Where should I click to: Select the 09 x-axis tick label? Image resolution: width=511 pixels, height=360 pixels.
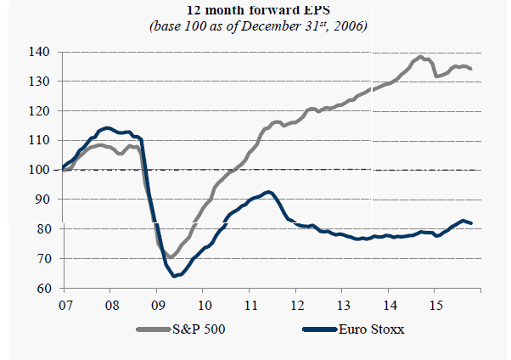(x=157, y=303)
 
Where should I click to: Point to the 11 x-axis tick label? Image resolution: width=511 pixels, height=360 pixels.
(x=250, y=303)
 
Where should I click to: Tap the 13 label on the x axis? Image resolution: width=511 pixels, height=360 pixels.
(x=344, y=303)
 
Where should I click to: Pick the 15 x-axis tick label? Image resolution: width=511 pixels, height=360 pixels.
(x=436, y=303)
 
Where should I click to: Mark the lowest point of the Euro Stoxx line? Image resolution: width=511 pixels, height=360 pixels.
(x=175, y=276)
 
